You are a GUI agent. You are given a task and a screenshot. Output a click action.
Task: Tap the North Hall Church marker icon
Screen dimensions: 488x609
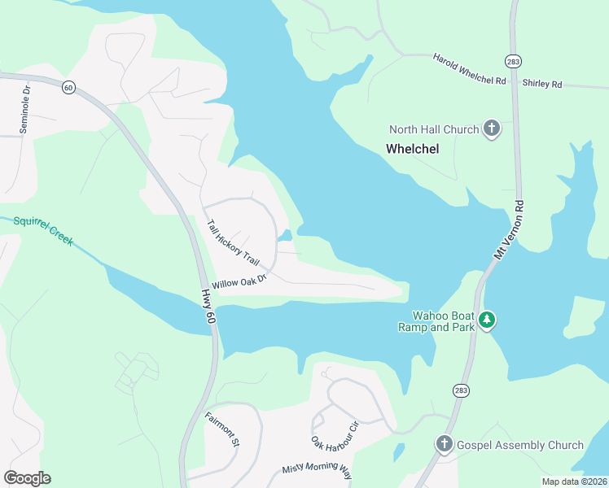coord(492,129)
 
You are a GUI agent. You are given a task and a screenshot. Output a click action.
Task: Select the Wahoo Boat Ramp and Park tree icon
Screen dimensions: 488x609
coord(487,320)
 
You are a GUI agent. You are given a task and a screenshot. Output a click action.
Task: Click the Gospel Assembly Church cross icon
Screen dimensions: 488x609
coord(444,444)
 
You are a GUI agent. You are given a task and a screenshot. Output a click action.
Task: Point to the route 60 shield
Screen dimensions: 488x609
coord(70,87)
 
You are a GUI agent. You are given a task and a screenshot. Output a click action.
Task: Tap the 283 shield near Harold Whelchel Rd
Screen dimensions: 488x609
coord(513,61)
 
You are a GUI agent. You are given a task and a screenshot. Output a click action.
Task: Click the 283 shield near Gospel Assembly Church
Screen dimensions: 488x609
coord(462,391)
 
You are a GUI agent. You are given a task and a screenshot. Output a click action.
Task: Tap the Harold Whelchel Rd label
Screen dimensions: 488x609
coord(470,70)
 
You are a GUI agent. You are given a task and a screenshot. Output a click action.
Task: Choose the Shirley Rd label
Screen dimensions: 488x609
coord(542,84)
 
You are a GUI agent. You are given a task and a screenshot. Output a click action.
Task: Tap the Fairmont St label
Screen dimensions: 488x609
coord(222,430)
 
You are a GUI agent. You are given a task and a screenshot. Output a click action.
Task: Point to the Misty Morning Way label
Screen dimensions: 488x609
coord(317,470)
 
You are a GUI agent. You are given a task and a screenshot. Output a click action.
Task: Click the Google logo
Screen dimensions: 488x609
coord(27,478)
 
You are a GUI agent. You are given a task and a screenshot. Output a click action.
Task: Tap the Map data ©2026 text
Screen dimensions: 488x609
coord(574,481)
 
